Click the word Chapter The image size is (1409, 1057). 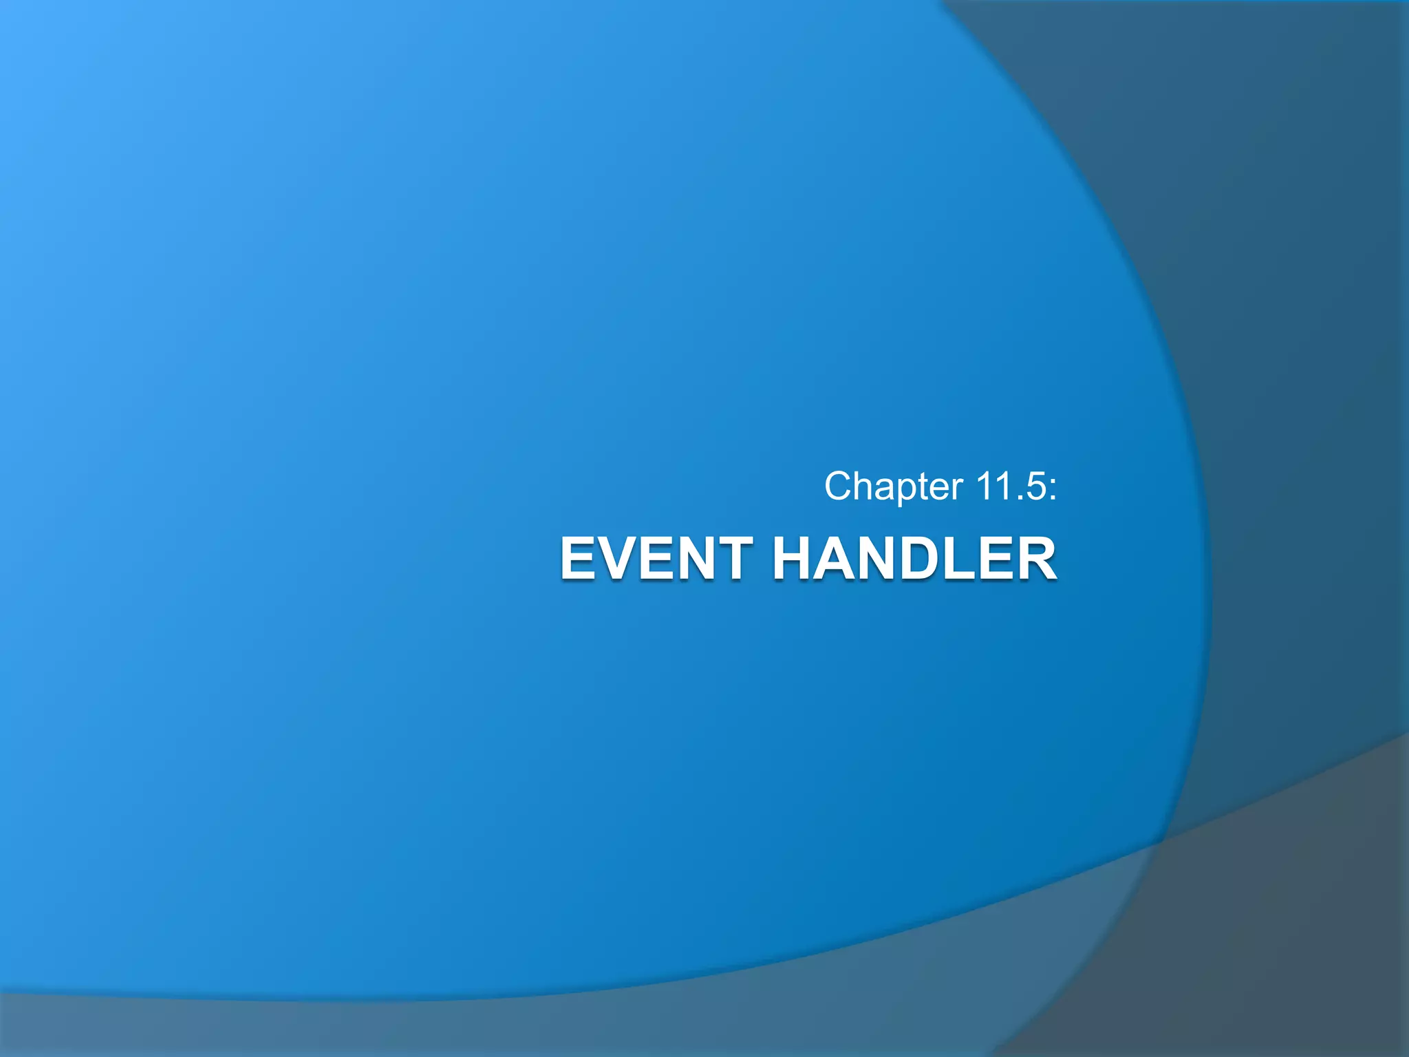[893, 487]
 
